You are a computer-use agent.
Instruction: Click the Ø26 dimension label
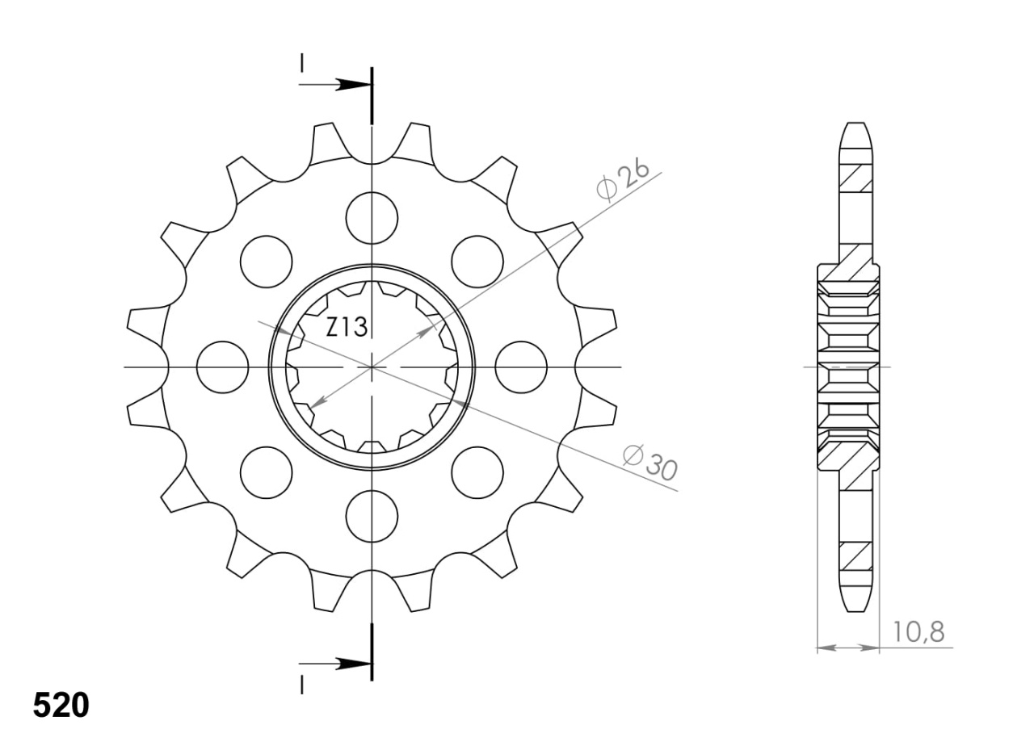(x=623, y=182)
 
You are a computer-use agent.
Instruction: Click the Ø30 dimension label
(x=650, y=463)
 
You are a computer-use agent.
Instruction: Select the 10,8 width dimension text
(x=918, y=632)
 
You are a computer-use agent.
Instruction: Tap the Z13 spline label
(x=347, y=327)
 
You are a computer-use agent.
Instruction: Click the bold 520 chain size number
(x=61, y=706)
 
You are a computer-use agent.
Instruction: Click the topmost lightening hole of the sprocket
(x=372, y=218)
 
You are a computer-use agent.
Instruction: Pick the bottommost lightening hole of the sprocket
(x=372, y=516)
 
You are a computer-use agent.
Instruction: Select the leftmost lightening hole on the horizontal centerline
(x=222, y=367)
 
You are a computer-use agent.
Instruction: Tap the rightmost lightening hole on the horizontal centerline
(x=521, y=367)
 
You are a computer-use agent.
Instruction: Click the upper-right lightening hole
(x=477, y=262)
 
